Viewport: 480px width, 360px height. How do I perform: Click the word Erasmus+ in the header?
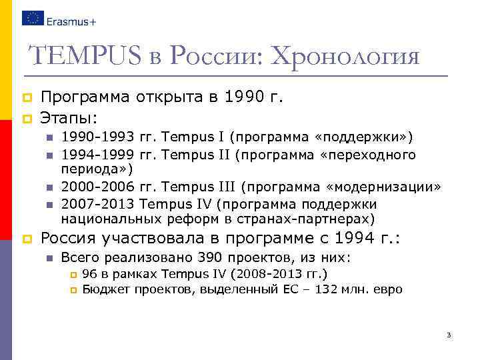[x=72, y=21]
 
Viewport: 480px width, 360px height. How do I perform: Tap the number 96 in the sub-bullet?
[x=89, y=274]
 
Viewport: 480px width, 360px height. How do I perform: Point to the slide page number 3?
[x=449, y=335]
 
